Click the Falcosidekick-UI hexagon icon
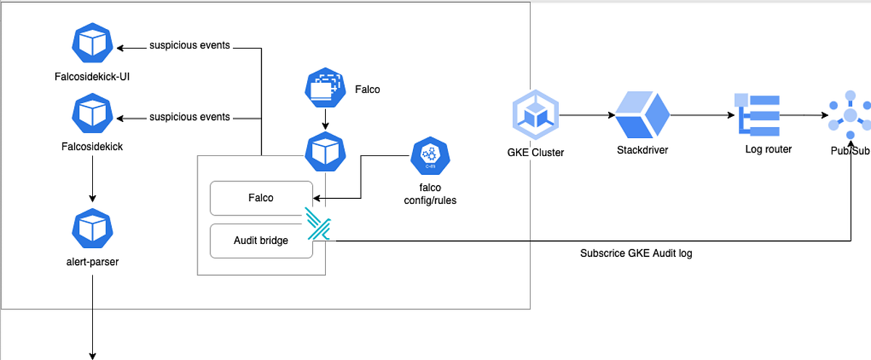point(93,45)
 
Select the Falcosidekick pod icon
point(93,114)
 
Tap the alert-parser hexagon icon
point(93,228)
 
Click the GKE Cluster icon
point(536,115)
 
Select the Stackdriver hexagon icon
point(642,115)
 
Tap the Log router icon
point(757,114)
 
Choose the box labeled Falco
point(261,198)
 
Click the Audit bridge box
point(261,241)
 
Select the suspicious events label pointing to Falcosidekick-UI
point(189,46)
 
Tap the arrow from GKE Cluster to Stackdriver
point(585,115)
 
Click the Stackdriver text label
point(642,150)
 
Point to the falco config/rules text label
point(430,194)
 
